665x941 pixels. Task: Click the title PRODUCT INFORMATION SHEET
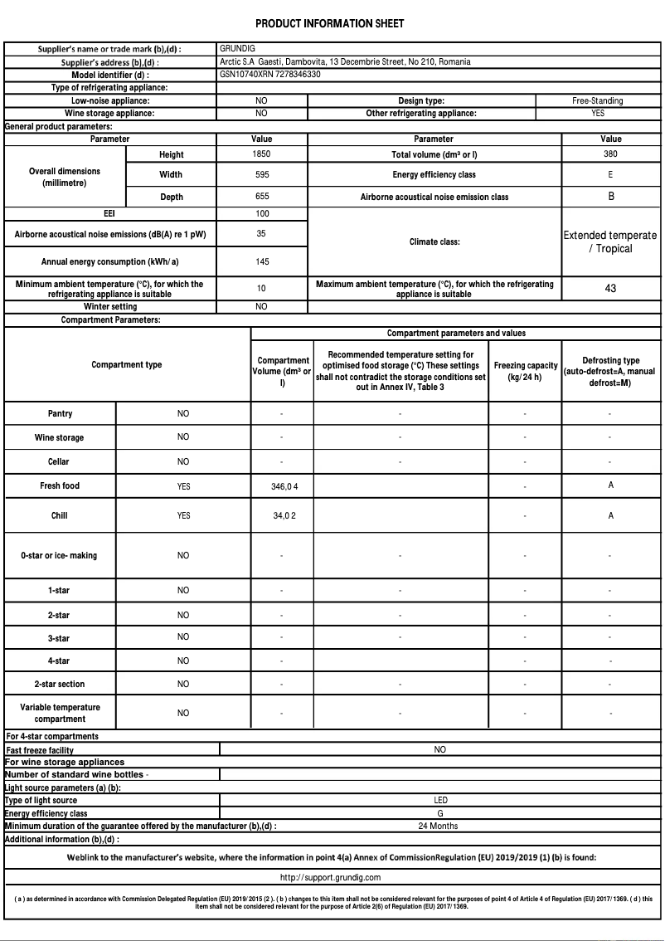[x=330, y=23]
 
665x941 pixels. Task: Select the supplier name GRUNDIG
[x=237, y=49]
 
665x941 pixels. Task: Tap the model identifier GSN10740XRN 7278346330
[x=270, y=75]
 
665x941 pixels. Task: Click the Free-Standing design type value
[x=597, y=100]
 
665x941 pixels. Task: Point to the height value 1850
[x=261, y=154]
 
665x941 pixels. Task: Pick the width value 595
[x=261, y=175]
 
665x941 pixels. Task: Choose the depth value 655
[x=261, y=197]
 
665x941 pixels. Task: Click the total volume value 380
[x=610, y=154]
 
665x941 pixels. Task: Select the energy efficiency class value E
[x=610, y=175]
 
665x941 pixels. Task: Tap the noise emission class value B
[x=611, y=197]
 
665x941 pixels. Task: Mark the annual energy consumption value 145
[x=261, y=261]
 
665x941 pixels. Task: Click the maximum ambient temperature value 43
[x=611, y=289]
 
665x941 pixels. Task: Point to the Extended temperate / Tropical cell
[x=610, y=242]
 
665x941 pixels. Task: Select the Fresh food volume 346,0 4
[x=284, y=486]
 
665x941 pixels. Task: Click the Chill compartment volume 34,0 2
[x=284, y=516]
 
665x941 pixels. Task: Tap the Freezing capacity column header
[x=525, y=371]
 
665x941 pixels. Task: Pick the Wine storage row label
[x=59, y=437]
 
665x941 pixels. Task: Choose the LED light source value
[x=440, y=801]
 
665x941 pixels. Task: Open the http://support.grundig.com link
[x=330, y=877]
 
